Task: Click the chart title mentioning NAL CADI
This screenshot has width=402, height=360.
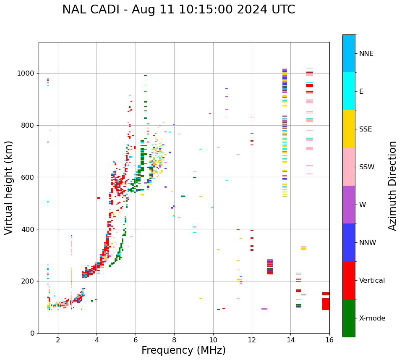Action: click(x=178, y=10)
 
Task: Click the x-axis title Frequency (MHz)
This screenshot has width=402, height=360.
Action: click(x=183, y=350)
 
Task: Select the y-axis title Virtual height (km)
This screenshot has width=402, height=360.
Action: click(x=9, y=187)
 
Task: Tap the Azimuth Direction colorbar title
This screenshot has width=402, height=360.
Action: click(x=392, y=185)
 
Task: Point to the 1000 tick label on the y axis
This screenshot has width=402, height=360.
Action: click(x=26, y=73)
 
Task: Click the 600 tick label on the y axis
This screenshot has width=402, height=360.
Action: click(x=28, y=177)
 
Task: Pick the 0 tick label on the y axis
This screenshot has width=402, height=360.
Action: click(x=32, y=333)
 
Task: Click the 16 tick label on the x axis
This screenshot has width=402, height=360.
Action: click(x=329, y=340)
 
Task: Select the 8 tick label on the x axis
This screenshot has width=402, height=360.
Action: click(x=174, y=340)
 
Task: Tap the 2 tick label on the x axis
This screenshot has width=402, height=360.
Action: click(x=58, y=340)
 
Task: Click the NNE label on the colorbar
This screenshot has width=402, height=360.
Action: click(x=366, y=54)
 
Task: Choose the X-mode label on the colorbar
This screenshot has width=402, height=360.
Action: click(x=372, y=318)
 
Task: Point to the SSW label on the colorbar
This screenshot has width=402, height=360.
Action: click(x=367, y=167)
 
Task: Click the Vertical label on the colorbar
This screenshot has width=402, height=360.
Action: click(x=372, y=281)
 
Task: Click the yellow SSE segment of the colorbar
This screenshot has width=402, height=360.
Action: click(x=349, y=129)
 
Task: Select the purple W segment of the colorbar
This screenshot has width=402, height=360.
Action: click(x=349, y=205)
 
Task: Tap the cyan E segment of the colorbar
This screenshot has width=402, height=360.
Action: click(x=349, y=91)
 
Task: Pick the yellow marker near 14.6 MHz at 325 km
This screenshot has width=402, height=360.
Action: click(x=303, y=248)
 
